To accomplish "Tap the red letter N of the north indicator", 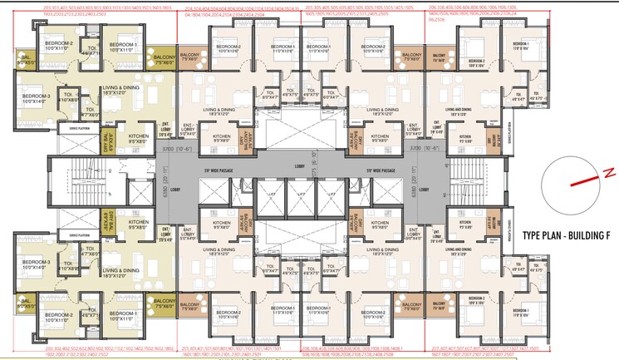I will coord(607,172).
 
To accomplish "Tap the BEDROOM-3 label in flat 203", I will coord(37,98).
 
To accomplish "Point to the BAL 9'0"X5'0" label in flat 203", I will coord(26,58).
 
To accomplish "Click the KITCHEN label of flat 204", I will coord(221,138).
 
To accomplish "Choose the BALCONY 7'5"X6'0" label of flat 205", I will coord(407,57).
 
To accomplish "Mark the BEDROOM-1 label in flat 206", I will coord(519,45).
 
